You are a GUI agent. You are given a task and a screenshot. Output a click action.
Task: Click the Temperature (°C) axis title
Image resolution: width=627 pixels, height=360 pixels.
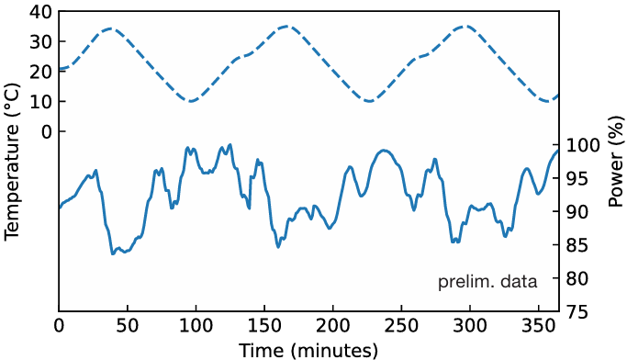click(12, 161)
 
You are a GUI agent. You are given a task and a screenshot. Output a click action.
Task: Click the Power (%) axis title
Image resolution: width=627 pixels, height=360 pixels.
click(615, 161)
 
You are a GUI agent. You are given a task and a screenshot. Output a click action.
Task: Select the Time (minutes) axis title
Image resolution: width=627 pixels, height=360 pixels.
click(308, 350)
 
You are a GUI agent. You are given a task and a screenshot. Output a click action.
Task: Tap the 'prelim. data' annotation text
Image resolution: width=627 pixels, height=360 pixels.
click(487, 283)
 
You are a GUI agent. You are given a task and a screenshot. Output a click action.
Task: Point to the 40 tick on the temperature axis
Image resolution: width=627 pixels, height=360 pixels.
click(40, 12)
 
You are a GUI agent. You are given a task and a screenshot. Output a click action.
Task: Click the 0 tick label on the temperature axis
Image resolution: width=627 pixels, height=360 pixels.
click(46, 131)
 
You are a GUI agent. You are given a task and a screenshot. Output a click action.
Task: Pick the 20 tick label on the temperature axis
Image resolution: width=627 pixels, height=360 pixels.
click(40, 72)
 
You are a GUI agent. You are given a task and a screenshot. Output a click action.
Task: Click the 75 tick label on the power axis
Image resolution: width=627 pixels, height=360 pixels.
click(577, 312)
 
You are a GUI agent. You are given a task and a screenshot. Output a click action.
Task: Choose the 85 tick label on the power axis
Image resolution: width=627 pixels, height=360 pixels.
click(577, 245)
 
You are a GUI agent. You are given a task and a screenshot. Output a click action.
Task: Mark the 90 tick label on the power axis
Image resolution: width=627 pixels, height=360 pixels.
click(577, 212)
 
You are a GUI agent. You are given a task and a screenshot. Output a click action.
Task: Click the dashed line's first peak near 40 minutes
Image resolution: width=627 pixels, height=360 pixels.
click(109, 28)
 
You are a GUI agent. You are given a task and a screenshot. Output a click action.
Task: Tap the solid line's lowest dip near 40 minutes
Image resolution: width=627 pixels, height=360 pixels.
click(113, 253)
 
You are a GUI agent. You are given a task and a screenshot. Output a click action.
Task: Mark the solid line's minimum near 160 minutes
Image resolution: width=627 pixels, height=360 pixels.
click(278, 247)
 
